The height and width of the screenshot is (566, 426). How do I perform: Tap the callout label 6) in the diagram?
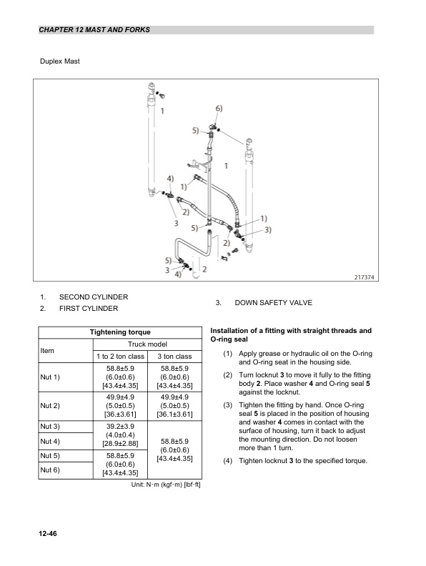pos(219,109)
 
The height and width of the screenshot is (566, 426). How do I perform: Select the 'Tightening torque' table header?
pos(119,332)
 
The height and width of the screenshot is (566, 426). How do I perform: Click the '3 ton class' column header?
pos(174,356)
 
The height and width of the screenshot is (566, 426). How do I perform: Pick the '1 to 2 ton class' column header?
pos(120,356)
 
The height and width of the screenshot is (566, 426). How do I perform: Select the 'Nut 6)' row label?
pos(51,470)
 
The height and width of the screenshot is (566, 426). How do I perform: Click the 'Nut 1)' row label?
pos(51,377)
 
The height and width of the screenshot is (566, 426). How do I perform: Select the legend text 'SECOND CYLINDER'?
pos(94,297)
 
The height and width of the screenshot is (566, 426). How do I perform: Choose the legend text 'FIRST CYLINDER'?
pos(89,309)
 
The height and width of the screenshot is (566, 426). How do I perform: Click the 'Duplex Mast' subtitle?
pos(59,61)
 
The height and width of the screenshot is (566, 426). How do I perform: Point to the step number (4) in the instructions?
pos(227,460)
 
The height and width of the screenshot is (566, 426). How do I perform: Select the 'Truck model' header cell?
pos(147,344)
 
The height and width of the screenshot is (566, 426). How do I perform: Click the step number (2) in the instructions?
pos(227,375)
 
